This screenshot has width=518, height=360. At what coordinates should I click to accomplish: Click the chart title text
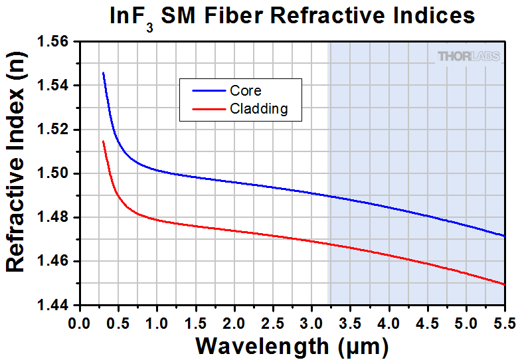pyautogui.click(x=292, y=16)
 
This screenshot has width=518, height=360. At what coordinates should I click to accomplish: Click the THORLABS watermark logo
pyautogui.click(x=469, y=56)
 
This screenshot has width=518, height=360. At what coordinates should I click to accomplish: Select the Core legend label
pyautogui.click(x=246, y=90)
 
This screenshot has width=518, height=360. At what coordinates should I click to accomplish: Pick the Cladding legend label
pyautogui.click(x=259, y=109)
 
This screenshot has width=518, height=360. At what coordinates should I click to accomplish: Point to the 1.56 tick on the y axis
pyautogui.click(x=54, y=42)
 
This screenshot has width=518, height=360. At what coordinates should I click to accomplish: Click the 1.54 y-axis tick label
pyautogui.click(x=54, y=86)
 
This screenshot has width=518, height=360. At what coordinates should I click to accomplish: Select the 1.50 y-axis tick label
pyautogui.click(x=54, y=173)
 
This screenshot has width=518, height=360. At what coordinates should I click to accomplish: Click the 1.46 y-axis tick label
pyautogui.click(x=54, y=261)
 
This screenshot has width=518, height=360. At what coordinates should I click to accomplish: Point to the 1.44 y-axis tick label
pyautogui.click(x=54, y=305)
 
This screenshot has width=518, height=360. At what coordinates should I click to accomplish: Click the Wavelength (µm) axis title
pyautogui.click(x=292, y=345)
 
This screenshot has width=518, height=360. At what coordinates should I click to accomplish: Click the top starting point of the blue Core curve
pyautogui.click(x=103, y=73)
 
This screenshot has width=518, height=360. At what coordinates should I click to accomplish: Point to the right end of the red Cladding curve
pyautogui.click(x=505, y=285)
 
